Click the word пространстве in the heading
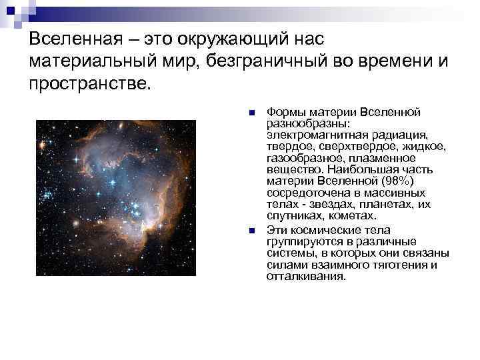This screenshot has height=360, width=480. pos(89,85)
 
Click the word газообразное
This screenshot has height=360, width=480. pos(302,158)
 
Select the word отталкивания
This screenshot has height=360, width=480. pos(306,276)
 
